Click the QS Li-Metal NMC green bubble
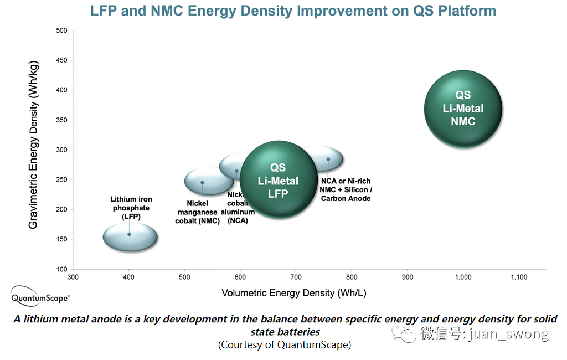coord(463,109)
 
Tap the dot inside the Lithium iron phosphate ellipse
coord(129,234)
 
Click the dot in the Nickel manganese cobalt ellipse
coord(202,182)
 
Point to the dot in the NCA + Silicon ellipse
coord(328,159)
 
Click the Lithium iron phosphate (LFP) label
coord(131,208)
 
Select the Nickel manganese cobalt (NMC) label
coord(198,212)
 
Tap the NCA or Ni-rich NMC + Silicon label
coord(346,189)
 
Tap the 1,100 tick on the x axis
coord(519,277)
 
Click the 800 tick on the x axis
coord(352,277)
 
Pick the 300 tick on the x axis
coord(73,277)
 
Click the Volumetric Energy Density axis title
coord(294,293)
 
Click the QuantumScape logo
coord(40,297)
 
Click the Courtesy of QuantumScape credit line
coord(285,344)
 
